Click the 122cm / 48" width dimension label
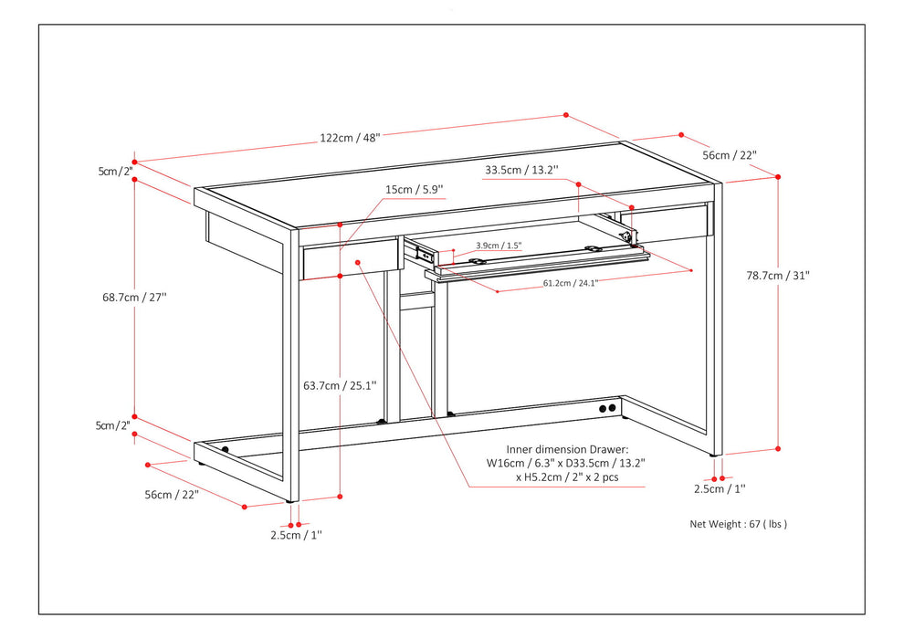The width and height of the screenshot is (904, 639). click(x=350, y=138)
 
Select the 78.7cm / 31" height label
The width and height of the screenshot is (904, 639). click(x=777, y=275)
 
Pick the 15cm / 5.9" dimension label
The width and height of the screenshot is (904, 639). click(x=414, y=190)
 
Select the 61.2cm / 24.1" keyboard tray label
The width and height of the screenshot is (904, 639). click(x=570, y=283)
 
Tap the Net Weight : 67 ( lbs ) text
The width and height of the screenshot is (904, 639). click(x=738, y=524)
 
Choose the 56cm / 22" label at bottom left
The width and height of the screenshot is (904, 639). click(x=172, y=494)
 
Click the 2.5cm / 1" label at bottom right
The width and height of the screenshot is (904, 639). click(x=719, y=489)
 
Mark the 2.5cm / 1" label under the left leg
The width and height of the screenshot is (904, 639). click(x=295, y=536)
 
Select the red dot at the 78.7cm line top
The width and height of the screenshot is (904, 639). click(x=778, y=176)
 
